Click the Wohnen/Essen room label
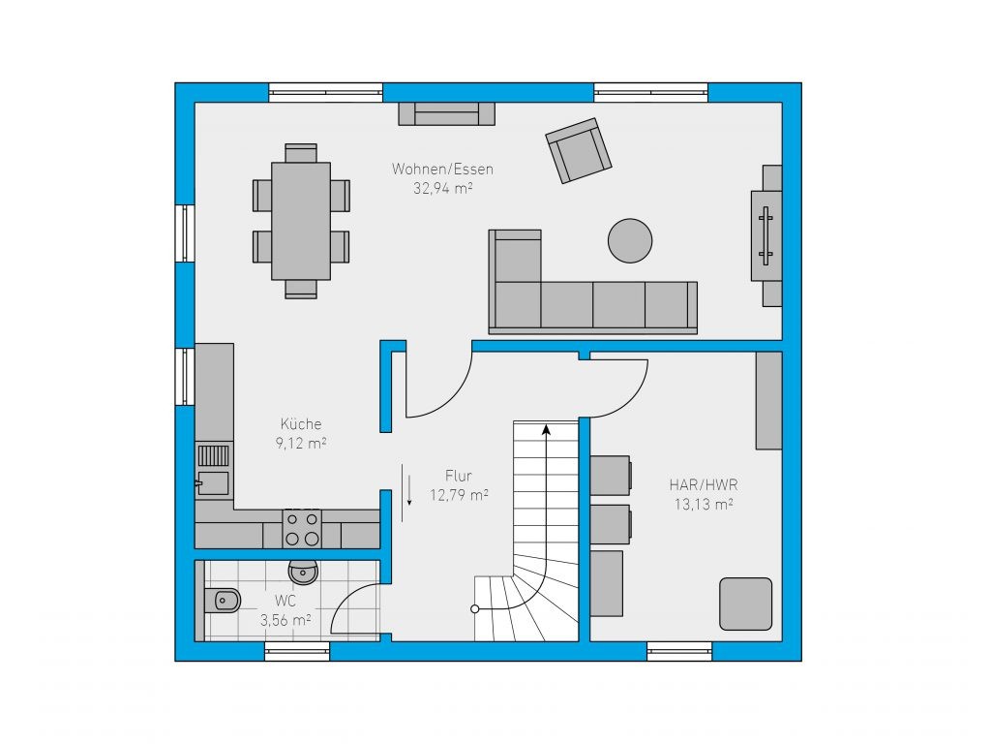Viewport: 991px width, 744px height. (x=442, y=169)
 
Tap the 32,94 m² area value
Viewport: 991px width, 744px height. (x=443, y=188)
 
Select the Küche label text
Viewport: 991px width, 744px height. (x=301, y=423)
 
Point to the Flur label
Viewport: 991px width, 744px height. (x=458, y=476)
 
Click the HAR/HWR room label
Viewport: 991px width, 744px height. (x=704, y=484)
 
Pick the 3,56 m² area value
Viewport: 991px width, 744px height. (x=285, y=620)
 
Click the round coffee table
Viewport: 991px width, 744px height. (x=630, y=240)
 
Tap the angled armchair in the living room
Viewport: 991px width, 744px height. (x=579, y=150)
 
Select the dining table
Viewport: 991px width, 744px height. (x=301, y=221)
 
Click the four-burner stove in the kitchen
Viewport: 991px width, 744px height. (x=302, y=529)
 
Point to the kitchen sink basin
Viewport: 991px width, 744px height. (x=213, y=482)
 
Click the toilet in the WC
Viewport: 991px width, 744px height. (x=222, y=600)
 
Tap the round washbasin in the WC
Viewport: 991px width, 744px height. (x=303, y=573)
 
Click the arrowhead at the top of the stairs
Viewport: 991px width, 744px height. (x=546, y=430)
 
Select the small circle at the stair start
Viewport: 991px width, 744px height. (x=474, y=609)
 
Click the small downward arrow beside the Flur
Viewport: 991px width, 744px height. (x=409, y=489)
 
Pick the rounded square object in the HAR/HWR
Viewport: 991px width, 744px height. (x=746, y=604)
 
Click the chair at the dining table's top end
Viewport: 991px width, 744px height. (x=301, y=153)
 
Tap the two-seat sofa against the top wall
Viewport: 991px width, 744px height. (x=446, y=114)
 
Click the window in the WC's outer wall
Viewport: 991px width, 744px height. (x=297, y=652)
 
